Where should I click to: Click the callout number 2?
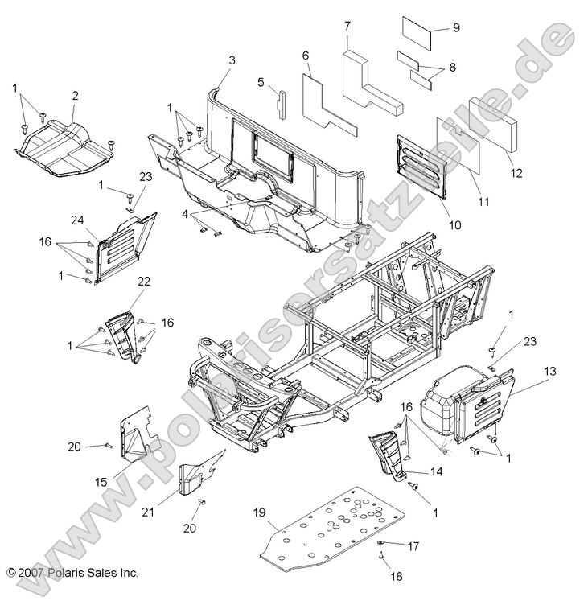click(x=75, y=96)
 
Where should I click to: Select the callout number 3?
click(x=232, y=60)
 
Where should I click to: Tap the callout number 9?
click(x=456, y=27)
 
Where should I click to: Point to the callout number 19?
click(x=260, y=512)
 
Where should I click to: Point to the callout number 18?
click(x=397, y=577)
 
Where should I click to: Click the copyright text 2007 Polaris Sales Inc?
click(x=73, y=573)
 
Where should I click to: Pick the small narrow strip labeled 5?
click(x=281, y=105)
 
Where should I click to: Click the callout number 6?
click(x=306, y=56)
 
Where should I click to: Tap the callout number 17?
click(x=413, y=546)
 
